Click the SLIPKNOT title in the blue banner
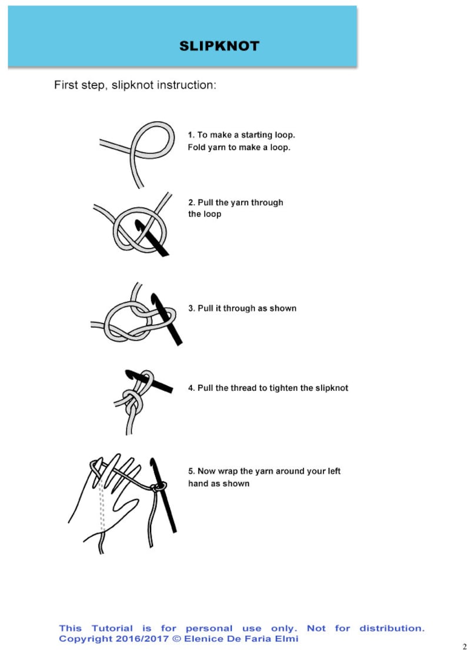pos(219,45)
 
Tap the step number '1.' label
pos(191,135)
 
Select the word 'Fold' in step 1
pos(195,147)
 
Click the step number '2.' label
pos(192,202)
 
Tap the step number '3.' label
pos(192,308)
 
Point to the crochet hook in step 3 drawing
pos(169,319)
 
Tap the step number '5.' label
pos(192,471)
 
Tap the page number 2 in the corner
pos(465,647)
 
